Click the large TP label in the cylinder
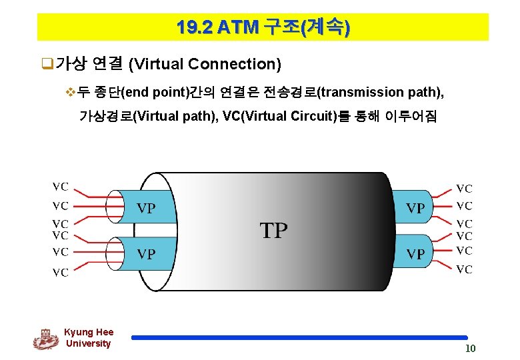[273, 231]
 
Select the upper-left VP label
[146, 208]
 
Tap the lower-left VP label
[146, 254]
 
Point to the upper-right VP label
[415, 208]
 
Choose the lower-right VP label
[415, 254]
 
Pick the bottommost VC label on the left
[61, 272]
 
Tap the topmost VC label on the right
[464, 189]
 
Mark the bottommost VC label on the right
[464, 269]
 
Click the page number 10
[471, 349]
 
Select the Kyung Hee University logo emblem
[45, 339]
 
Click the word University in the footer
[88, 343]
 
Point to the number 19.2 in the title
[195, 27]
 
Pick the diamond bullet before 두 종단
[73, 92]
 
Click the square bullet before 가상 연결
[47, 64]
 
